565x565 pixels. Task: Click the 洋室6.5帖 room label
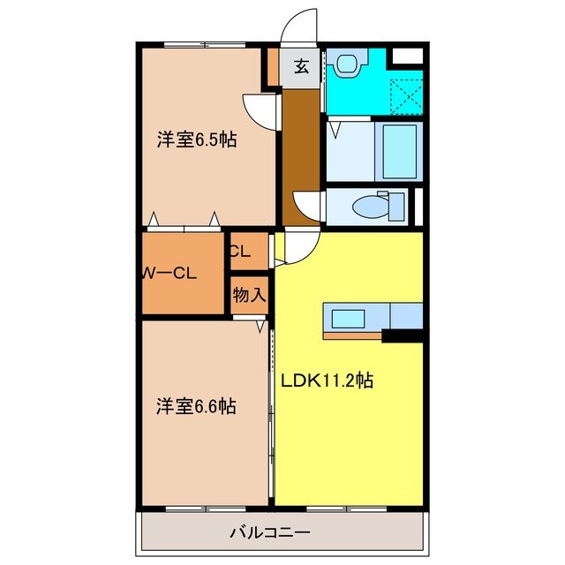click(x=197, y=139)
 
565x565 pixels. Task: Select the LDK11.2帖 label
click(x=327, y=381)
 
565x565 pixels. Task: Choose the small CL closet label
click(x=240, y=251)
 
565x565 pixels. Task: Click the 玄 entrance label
click(x=301, y=65)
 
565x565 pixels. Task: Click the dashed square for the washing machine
click(x=404, y=96)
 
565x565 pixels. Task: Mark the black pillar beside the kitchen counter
click(x=403, y=335)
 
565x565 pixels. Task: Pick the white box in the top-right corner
click(x=407, y=56)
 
